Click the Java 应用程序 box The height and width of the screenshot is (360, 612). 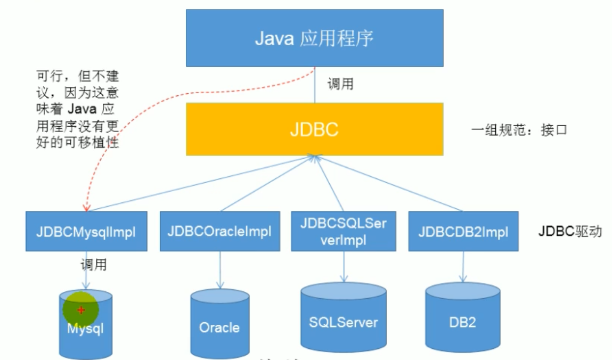click(314, 38)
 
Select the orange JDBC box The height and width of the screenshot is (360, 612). click(314, 129)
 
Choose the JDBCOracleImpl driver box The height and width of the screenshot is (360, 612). click(219, 232)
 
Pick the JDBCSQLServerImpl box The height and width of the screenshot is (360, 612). click(344, 231)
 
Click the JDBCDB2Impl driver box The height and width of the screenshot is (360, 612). click(463, 232)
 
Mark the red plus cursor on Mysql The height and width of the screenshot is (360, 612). click(81, 310)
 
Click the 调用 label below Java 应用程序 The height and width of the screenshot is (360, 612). click(340, 84)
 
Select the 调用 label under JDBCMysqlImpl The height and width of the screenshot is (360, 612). click(93, 265)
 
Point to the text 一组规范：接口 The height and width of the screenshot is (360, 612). click(518, 129)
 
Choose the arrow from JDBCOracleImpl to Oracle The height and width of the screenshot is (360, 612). click(219, 269)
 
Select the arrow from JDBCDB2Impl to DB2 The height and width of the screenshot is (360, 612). click(463, 266)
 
